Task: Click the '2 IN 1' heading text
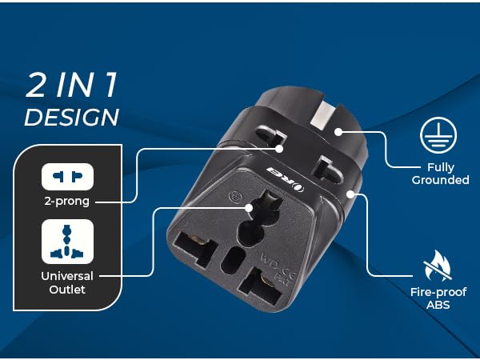[x=71, y=85]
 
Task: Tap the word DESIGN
[x=72, y=117]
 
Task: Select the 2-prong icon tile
[x=67, y=177]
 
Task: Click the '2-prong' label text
[x=67, y=201]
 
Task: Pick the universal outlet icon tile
[x=67, y=242]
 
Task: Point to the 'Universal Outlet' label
[x=67, y=282]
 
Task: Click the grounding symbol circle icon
[x=438, y=135]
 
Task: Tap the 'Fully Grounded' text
[x=440, y=174]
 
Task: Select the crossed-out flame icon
[x=438, y=266]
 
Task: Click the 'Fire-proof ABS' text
[x=438, y=298]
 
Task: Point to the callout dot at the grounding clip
[x=338, y=132]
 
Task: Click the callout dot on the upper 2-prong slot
[x=279, y=149]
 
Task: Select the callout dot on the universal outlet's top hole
[x=249, y=208]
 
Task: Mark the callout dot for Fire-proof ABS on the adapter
[x=350, y=194]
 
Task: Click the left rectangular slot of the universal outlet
[x=194, y=248]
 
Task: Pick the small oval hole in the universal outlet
[x=233, y=260]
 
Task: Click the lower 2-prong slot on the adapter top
[x=328, y=170]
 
